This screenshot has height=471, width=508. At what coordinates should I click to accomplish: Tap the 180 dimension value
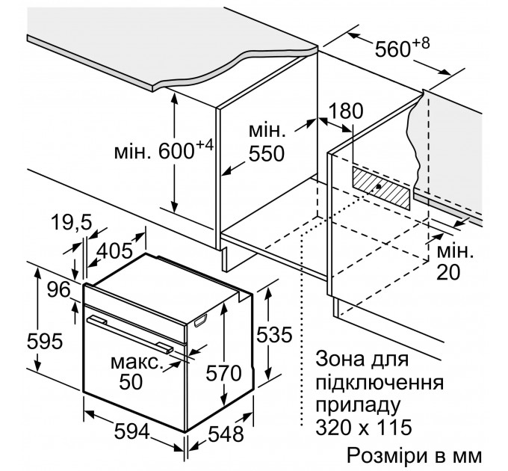(x=346, y=111)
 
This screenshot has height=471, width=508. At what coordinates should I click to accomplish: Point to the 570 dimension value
(x=225, y=372)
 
